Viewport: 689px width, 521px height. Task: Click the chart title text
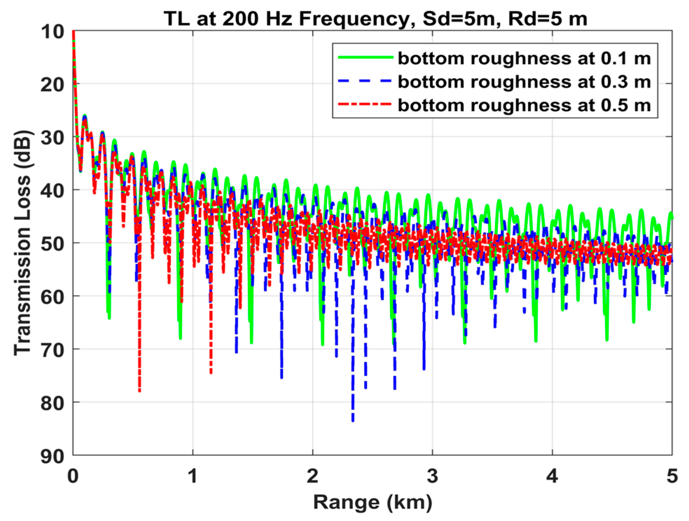tap(375, 19)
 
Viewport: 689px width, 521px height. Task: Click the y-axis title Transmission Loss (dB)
tap(23, 243)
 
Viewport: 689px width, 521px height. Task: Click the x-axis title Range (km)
tap(373, 502)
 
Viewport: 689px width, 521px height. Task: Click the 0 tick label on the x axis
tap(73, 476)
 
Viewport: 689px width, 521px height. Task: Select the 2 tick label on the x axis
tap(312, 476)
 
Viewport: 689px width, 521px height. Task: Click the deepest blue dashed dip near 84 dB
tap(353, 420)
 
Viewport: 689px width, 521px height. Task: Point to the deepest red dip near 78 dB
tap(139, 390)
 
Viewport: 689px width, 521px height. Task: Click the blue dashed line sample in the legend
tap(365, 81)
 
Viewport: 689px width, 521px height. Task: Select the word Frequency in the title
tap(354, 19)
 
